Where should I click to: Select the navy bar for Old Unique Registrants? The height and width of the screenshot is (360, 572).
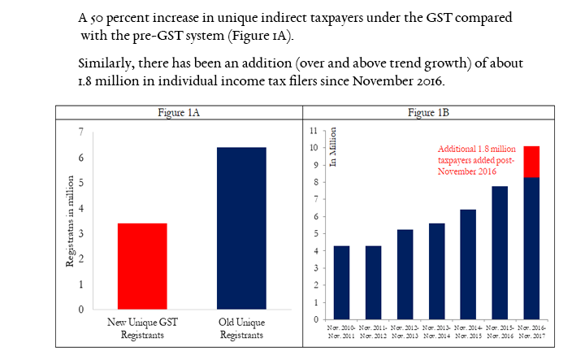(x=242, y=228)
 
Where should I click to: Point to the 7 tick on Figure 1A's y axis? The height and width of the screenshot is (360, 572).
(x=80, y=132)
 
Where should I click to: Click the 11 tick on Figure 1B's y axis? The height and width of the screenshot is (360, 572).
(x=314, y=131)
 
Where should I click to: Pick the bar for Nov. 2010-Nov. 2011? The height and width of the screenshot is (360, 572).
(x=341, y=282)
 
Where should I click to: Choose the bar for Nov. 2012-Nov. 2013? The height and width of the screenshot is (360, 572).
(x=404, y=274)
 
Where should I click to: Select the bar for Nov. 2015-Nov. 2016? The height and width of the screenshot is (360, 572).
(x=499, y=253)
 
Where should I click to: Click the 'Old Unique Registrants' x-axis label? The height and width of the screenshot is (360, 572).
(x=242, y=328)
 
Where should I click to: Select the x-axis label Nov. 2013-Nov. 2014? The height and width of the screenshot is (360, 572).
(x=435, y=332)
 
